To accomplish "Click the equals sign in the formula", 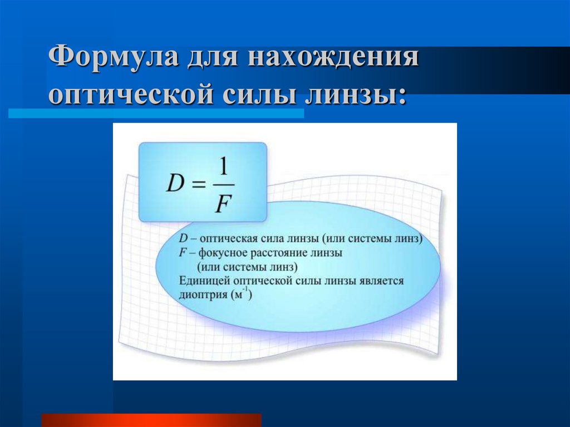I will click(x=200, y=185).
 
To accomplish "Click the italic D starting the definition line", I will click(x=183, y=239).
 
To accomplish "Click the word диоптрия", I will click(x=202, y=295).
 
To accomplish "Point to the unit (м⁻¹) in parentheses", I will click(x=240, y=295).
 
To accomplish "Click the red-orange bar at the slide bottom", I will click(x=151, y=420).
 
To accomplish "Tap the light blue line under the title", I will click(x=156, y=113).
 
